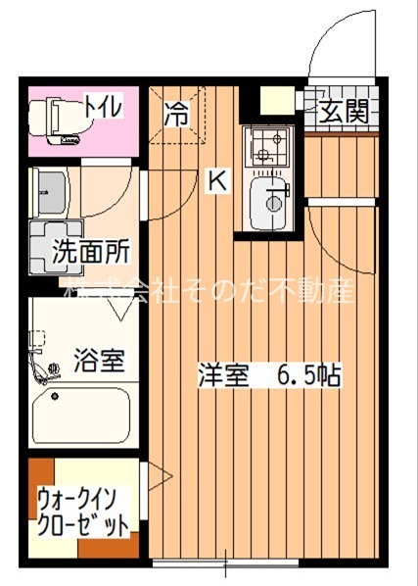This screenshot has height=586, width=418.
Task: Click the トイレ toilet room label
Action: [x=103, y=106]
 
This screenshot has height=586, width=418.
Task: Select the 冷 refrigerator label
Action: [x=176, y=114]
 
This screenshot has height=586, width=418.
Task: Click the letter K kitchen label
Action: [x=217, y=179]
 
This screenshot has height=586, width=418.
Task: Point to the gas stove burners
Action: [x=266, y=148]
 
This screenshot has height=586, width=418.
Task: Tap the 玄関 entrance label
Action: [x=346, y=112]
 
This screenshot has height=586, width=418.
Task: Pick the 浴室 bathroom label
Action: [x=99, y=360]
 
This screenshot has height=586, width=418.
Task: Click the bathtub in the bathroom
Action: [x=81, y=415]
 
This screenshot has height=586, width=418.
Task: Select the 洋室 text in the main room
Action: [x=224, y=375]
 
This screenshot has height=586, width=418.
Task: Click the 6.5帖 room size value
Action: [x=307, y=375]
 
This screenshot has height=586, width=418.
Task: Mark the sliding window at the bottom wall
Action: [x=225, y=564]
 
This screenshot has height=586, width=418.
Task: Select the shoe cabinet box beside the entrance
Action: [x=277, y=100]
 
